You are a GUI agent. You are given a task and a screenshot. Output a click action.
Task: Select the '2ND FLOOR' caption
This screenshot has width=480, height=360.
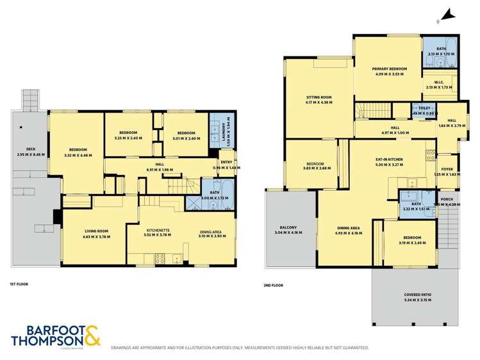273,285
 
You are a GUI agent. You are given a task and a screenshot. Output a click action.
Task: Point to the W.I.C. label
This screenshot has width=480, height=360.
439,84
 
